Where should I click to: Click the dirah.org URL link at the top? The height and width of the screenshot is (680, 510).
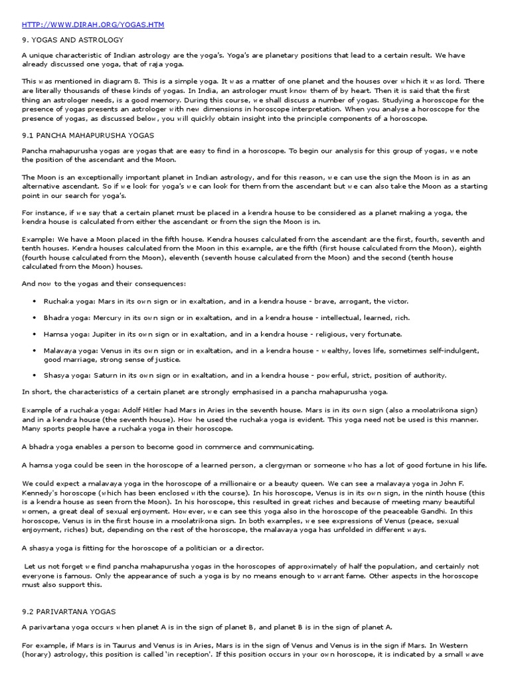point(93,25)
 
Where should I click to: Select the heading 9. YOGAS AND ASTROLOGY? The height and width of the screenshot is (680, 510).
point(72,40)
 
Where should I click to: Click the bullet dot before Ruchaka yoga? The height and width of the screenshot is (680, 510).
point(34,301)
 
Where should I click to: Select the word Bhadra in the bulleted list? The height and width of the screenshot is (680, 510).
point(56,318)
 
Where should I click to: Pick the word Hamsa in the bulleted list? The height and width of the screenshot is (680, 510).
point(56,334)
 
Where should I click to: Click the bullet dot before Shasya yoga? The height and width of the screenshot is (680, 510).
point(34,375)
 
